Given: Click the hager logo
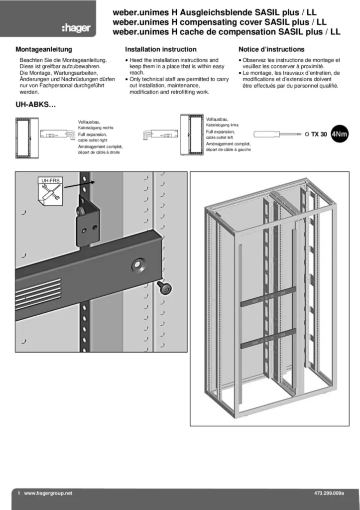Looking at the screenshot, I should (76, 28).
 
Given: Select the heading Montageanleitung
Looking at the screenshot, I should (44, 50).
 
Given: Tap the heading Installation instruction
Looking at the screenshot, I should (160, 50).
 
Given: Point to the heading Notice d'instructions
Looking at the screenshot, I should (271, 50).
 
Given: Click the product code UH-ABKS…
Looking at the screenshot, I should (35, 106).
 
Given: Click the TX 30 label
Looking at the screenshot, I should (319, 134).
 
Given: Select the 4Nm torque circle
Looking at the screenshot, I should (340, 134).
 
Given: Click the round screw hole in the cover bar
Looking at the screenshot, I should (137, 264).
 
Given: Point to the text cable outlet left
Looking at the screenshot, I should (219, 137).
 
